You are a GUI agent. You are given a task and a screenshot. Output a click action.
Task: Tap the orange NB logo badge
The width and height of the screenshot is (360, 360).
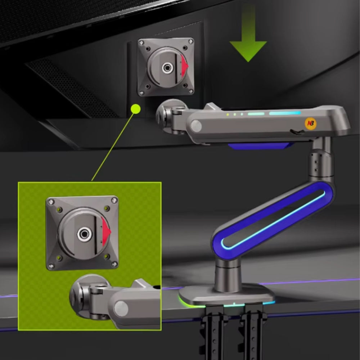pyautogui.click(x=310, y=123)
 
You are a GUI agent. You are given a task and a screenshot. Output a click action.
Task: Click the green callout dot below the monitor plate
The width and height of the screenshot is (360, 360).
pyautogui.click(x=135, y=109)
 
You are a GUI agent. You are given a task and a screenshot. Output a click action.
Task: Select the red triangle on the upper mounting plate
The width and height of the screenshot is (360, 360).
pyautogui.click(x=184, y=66)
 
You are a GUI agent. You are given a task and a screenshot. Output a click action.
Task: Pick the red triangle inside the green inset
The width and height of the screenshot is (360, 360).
pyautogui.click(x=106, y=231)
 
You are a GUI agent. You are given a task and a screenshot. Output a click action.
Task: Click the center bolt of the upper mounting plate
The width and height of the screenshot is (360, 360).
pyautogui.click(x=166, y=68)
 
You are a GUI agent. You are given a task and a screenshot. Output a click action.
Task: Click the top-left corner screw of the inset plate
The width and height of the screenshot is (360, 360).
pyautogui.click(x=51, y=202)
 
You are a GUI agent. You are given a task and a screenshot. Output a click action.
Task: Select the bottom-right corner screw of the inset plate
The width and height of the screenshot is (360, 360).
pyautogui.click(x=114, y=265)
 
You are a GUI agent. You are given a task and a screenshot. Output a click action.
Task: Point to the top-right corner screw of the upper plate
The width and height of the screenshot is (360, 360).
pyautogui.click(x=190, y=41)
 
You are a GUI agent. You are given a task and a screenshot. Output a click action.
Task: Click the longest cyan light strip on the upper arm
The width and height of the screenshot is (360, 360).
pyautogui.click(x=285, y=113)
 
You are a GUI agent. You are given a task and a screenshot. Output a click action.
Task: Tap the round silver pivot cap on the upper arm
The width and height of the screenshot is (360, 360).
pyautogui.click(x=196, y=126)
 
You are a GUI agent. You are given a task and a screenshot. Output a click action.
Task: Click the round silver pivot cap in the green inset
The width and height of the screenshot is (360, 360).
pyautogui.click(x=121, y=309)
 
